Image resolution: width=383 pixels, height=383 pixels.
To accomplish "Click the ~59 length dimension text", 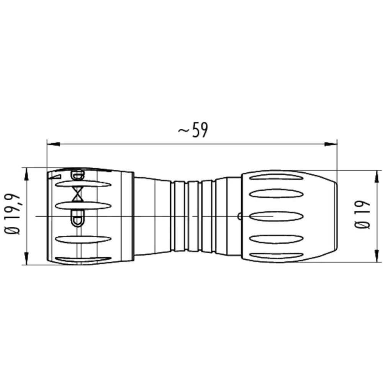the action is point(193,130).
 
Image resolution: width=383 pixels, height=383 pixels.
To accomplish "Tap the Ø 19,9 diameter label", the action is point(12,214).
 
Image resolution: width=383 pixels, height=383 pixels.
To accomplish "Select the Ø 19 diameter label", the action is point(362,215).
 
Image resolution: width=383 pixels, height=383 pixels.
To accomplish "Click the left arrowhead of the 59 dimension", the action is point(53,144).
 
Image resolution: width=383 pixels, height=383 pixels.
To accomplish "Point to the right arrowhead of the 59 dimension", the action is point(331,144).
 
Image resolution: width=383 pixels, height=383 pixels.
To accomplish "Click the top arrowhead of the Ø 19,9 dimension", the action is point(26,174).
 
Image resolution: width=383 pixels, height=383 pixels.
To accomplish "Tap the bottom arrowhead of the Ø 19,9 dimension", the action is point(26,259).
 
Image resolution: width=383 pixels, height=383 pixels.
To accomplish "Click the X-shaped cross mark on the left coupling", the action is point(78,194).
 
